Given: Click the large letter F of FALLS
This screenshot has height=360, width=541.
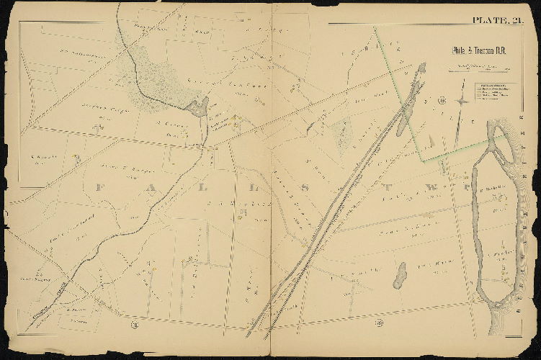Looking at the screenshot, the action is (99, 187).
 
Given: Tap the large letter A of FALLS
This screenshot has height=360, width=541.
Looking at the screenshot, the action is (169, 187).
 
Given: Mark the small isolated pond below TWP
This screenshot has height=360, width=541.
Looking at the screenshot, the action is (399, 275).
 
